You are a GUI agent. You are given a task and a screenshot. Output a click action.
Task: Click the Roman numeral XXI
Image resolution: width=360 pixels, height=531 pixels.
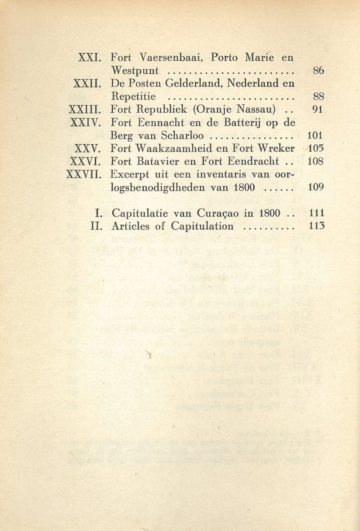coord(89,57)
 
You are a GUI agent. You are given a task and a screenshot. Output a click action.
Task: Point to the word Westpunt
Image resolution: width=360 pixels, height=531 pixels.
coord(135,71)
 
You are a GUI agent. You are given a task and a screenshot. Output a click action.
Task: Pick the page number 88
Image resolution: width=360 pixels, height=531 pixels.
coord(318,97)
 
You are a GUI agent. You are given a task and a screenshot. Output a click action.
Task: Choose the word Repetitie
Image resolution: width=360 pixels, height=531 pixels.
coord(133,97)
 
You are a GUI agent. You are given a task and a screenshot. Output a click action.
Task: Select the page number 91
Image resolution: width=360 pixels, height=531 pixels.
coord(318,109)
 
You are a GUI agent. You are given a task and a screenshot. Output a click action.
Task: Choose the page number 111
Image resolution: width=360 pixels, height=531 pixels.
coord(316,213)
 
